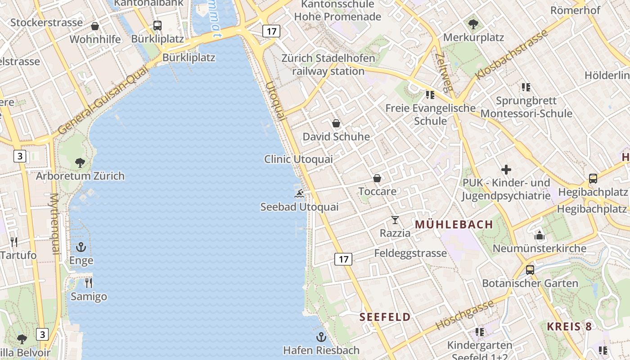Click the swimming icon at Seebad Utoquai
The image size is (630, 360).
click(299, 194)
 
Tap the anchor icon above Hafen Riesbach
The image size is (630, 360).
click(321, 337)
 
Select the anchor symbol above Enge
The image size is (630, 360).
click(81, 247)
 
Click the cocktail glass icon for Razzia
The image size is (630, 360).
click(395, 220)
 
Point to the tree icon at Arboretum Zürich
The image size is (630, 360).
click(80, 162)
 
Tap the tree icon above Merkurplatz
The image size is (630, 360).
click(473, 24)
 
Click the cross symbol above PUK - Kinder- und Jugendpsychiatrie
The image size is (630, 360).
click(506, 170)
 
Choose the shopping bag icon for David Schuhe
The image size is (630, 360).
click(336, 123)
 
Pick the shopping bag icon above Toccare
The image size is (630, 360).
click(377, 179)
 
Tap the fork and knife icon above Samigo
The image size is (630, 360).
click(89, 283)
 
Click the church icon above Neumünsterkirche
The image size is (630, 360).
click(539, 235)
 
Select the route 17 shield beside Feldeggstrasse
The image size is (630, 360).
click(343, 259)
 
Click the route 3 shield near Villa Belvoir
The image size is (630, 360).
click(42, 334)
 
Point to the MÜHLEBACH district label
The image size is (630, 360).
click(454, 224)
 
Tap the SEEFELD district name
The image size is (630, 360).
click(385, 317)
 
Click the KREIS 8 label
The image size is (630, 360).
click(569, 327)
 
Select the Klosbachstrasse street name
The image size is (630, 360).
click(513, 54)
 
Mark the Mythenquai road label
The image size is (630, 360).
click(54, 224)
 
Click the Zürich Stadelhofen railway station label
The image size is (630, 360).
click(328, 65)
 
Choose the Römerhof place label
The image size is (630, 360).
click(575, 10)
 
